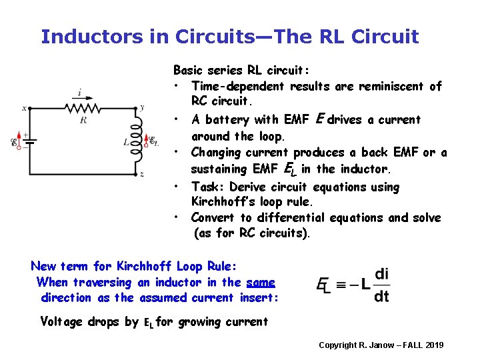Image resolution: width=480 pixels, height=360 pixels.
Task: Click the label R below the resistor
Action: pos(83,120)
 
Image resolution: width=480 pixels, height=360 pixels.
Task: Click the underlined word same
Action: pos(261,282)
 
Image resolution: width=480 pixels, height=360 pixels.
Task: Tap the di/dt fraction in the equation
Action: pos(381,285)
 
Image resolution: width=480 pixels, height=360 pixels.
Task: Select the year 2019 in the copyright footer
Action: pos(433,345)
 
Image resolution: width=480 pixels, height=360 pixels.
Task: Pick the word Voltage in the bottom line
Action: pos(62,321)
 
